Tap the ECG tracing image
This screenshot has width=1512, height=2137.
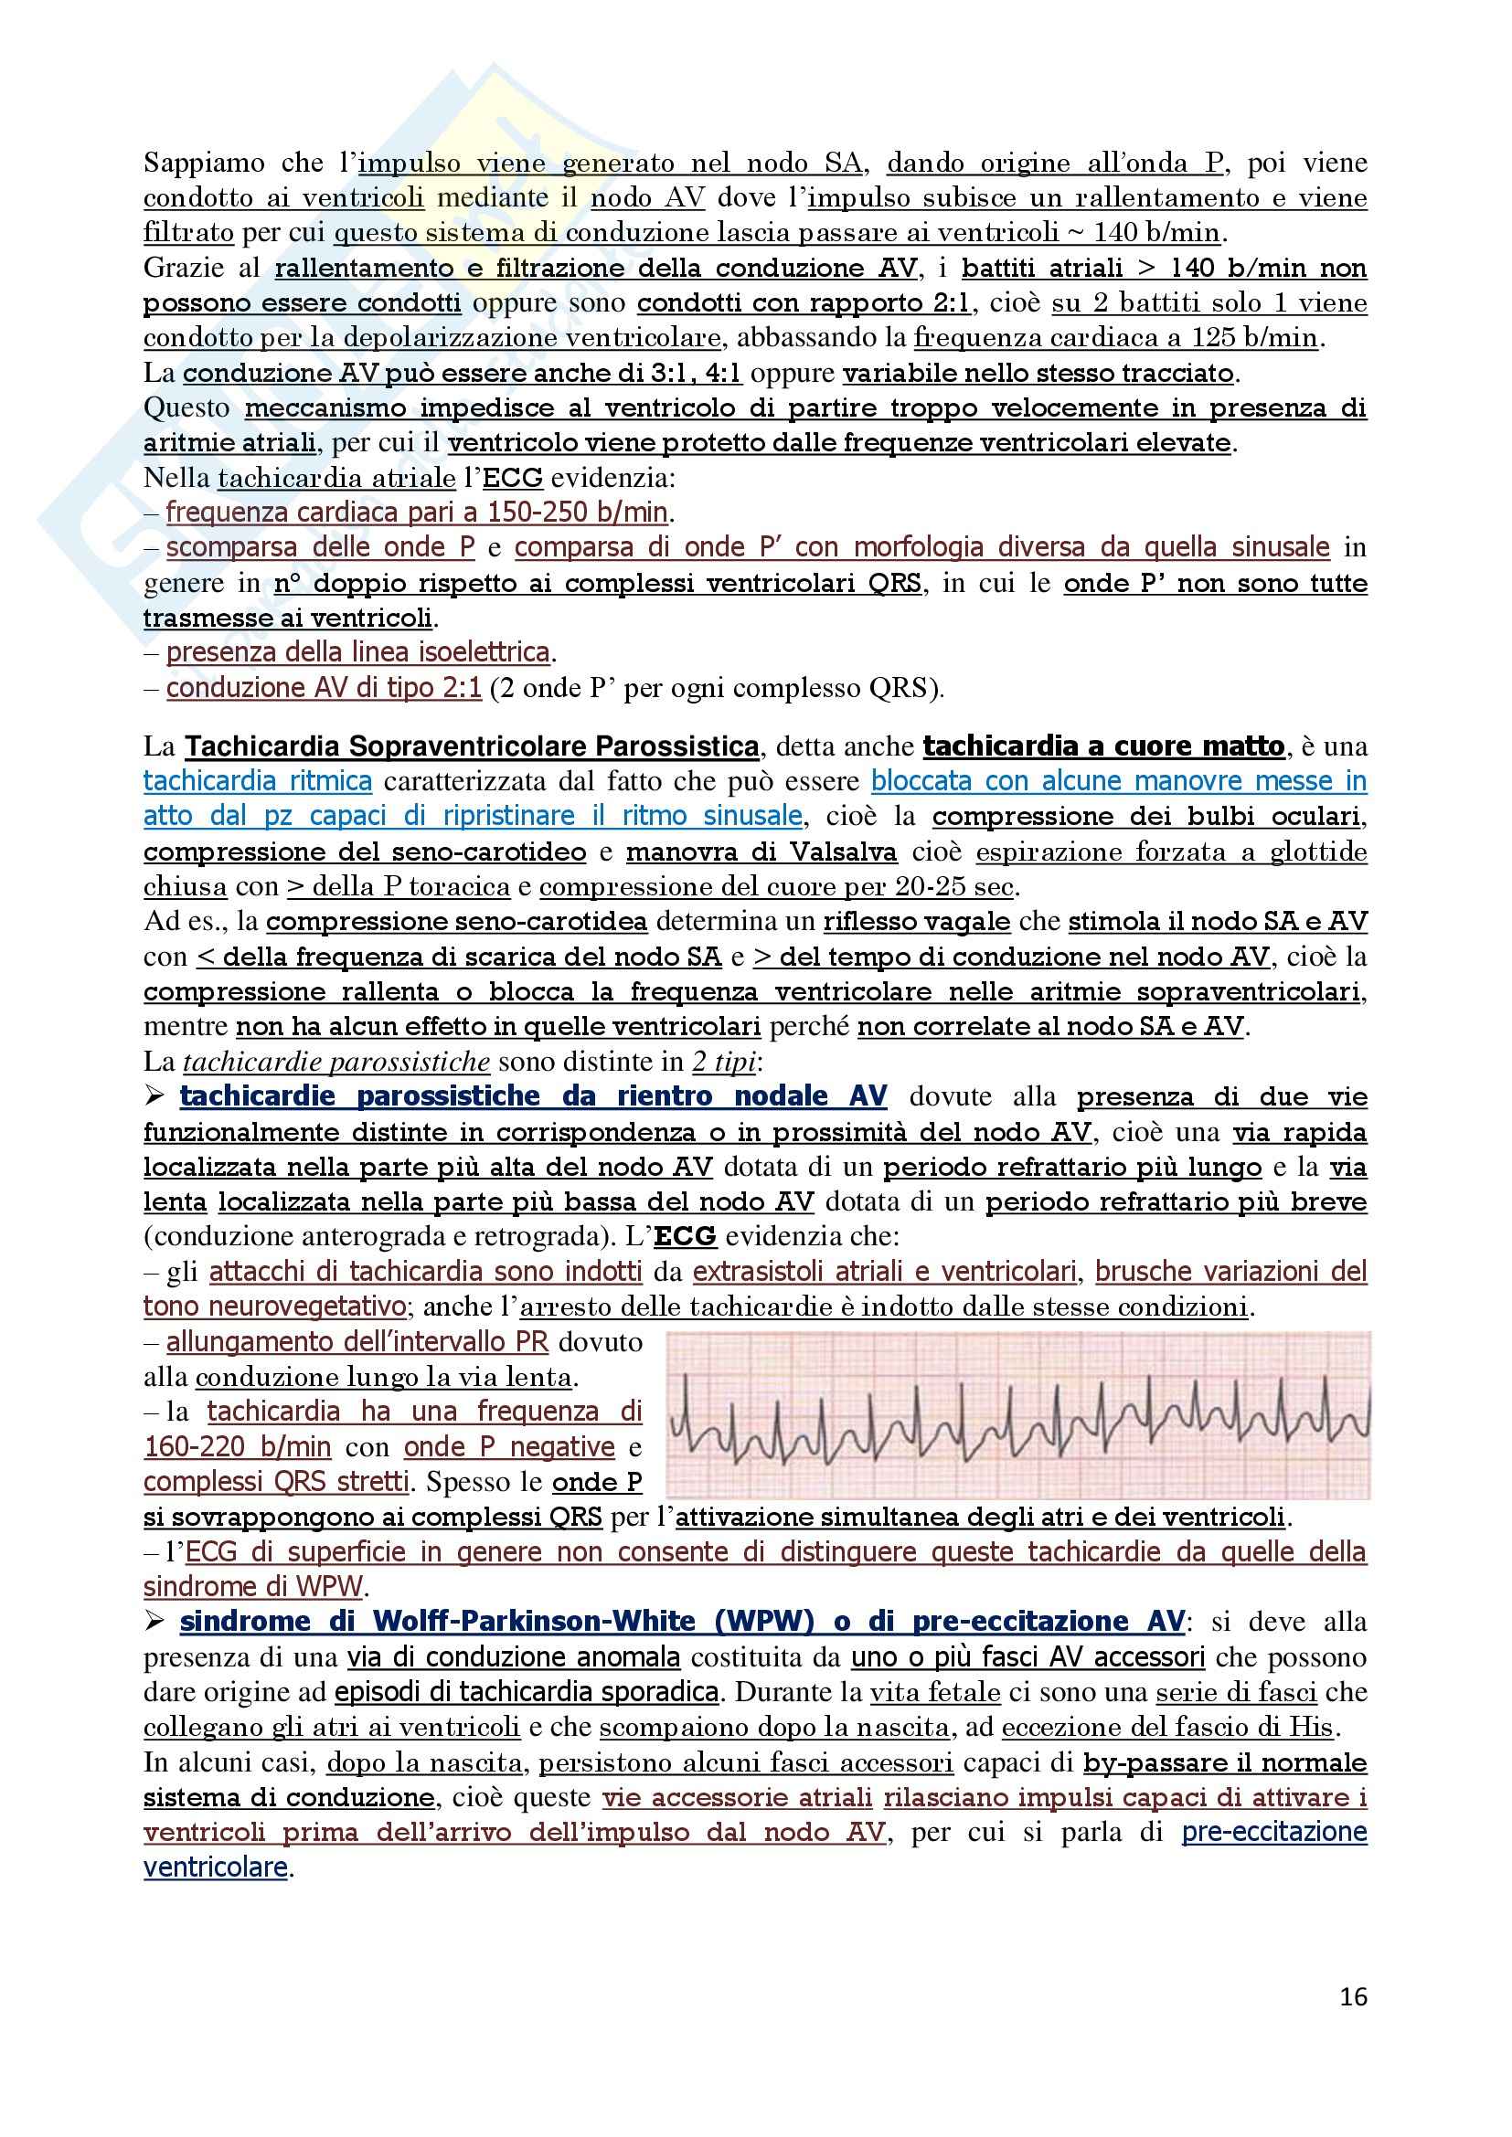(1018, 1414)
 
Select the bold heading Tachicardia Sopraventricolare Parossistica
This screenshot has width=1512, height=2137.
(471, 746)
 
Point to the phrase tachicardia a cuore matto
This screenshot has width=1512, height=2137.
(1103, 746)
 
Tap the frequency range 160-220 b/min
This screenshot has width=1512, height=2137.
(238, 1447)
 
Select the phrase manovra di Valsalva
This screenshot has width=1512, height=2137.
(761, 852)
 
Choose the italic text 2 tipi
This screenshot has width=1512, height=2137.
(723, 1062)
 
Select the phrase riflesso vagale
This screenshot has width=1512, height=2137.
(916, 922)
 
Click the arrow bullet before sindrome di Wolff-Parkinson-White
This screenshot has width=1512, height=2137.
(154, 1622)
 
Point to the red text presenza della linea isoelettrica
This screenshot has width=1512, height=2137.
(357, 652)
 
